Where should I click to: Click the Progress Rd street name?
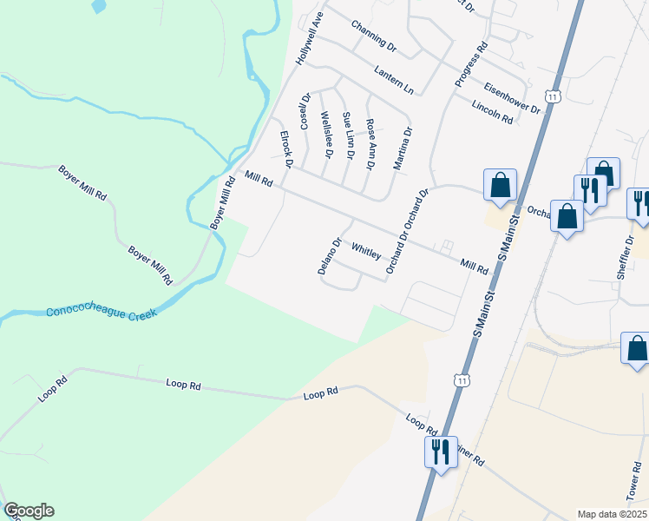coord(471,64)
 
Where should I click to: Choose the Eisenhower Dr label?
coord(513,99)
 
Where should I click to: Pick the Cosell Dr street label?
coord(305,111)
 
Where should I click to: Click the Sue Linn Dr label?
coord(348,135)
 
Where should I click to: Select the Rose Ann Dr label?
coord(370,144)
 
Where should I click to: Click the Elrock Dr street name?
coord(285,149)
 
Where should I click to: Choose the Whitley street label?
coord(366,251)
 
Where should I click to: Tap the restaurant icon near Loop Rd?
coord(440,452)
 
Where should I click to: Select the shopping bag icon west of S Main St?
coord(500,185)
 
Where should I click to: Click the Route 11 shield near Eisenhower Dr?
coord(552,96)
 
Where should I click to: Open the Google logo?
coord(29,511)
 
